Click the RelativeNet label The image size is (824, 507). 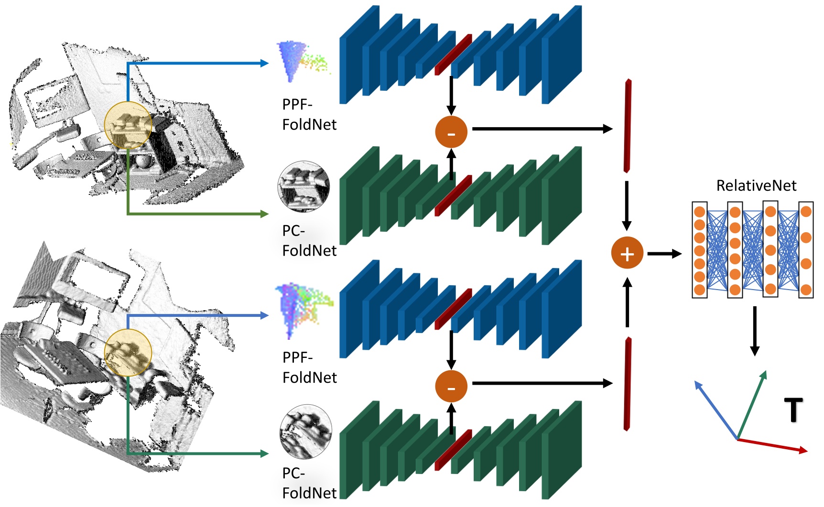pyautogui.click(x=756, y=185)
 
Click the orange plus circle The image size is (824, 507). pyautogui.click(x=627, y=253)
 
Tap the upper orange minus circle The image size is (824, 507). pyautogui.click(x=451, y=132)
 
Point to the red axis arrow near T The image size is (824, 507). pyautogui.click(x=772, y=445)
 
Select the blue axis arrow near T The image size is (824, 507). pyautogui.click(x=716, y=410)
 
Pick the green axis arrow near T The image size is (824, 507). pyautogui.click(x=752, y=404)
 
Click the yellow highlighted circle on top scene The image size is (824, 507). pyautogui.click(x=128, y=125)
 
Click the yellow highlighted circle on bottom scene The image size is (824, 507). pyautogui.click(x=128, y=353)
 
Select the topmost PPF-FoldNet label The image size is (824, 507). pyautogui.click(x=309, y=115)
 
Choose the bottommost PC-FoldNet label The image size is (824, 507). pyautogui.click(x=309, y=483)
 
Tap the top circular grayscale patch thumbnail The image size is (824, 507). pyautogui.click(x=304, y=187)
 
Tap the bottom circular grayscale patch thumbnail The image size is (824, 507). pyautogui.click(x=305, y=432)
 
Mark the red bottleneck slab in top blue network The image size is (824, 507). pyautogui.click(x=453, y=54)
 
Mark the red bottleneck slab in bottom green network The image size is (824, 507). pyautogui.click(x=453, y=450)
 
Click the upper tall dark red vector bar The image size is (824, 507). pyautogui.click(x=627, y=126)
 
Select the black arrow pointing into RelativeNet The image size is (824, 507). pyautogui.click(x=664, y=254)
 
